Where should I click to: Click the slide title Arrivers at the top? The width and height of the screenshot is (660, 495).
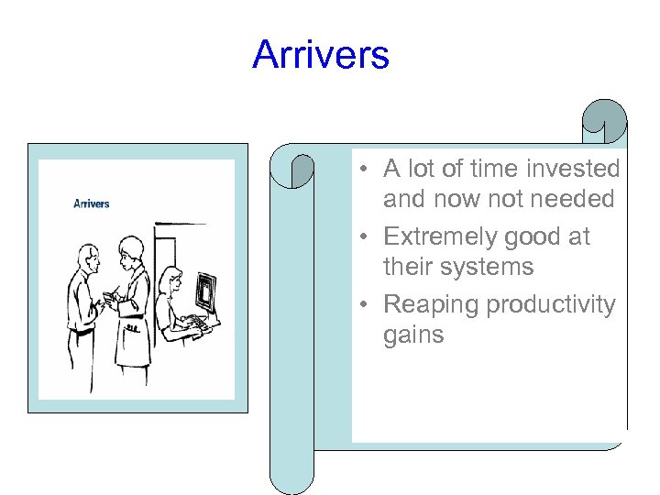coord(321,54)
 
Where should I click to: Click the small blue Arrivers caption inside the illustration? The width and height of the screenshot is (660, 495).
coord(92,203)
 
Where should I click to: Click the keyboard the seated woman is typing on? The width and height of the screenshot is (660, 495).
coord(194,323)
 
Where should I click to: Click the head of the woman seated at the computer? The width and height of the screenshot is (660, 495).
coord(170,280)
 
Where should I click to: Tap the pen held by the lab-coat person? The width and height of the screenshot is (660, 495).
coord(114,296)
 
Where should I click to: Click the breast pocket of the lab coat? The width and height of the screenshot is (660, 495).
coord(134,325)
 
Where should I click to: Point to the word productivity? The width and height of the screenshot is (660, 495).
coord(551,304)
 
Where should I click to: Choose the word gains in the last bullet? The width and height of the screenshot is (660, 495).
coord(413,335)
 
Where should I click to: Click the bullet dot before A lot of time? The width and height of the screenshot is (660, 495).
coord(364,170)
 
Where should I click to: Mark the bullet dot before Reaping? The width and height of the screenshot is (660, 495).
coord(364,304)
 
